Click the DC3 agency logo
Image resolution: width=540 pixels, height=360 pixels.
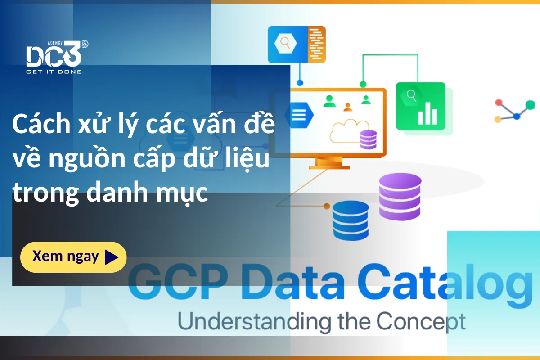(x=57, y=57)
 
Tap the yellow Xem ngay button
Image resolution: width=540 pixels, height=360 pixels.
(x=73, y=257)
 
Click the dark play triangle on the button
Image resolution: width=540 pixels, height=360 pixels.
(x=112, y=257)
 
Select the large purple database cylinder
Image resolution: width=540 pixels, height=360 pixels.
(x=400, y=197)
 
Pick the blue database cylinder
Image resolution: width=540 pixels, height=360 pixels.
(x=351, y=220)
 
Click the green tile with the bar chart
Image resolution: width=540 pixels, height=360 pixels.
(x=421, y=106)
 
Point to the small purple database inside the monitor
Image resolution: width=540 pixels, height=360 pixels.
(x=369, y=139)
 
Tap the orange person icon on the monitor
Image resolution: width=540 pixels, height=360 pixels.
(x=347, y=107)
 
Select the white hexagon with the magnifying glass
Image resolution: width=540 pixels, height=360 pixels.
(x=285, y=43)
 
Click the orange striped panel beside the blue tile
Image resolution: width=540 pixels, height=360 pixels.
(x=317, y=45)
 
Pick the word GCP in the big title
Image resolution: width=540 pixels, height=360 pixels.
(x=178, y=281)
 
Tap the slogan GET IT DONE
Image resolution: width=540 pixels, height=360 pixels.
(x=54, y=72)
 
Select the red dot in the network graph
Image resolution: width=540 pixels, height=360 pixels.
(x=499, y=103)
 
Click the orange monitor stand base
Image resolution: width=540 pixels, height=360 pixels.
(x=329, y=167)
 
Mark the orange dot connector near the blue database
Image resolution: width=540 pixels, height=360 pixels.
(x=327, y=206)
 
